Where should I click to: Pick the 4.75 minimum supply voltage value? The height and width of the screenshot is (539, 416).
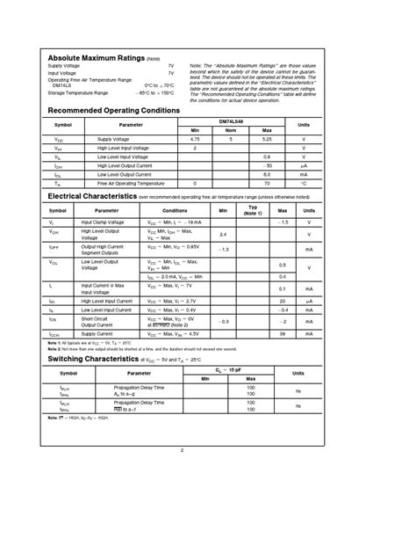(x=195, y=139)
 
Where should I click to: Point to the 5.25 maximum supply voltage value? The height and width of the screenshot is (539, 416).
(x=268, y=139)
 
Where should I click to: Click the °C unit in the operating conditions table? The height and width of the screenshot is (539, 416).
(x=304, y=183)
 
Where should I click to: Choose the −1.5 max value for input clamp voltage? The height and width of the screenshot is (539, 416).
(x=283, y=222)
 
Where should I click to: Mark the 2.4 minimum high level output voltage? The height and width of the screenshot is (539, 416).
(x=223, y=235)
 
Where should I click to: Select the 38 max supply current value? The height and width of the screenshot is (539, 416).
(x=283, y=334)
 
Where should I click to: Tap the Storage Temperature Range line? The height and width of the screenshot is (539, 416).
(x=78, y=91)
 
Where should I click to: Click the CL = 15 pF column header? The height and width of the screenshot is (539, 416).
(x=230, y=371)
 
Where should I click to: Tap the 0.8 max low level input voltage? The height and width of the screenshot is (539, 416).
(x=268, y=157)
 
